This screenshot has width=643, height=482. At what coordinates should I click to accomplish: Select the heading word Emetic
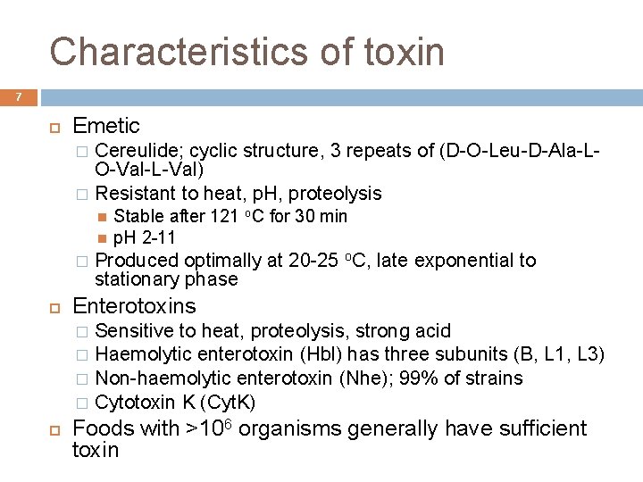106,126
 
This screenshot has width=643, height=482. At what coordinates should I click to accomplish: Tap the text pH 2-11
145,237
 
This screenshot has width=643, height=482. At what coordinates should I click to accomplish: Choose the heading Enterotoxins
134,306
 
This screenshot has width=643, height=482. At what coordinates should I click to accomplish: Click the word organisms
290,428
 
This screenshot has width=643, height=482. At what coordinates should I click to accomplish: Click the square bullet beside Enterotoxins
53,307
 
